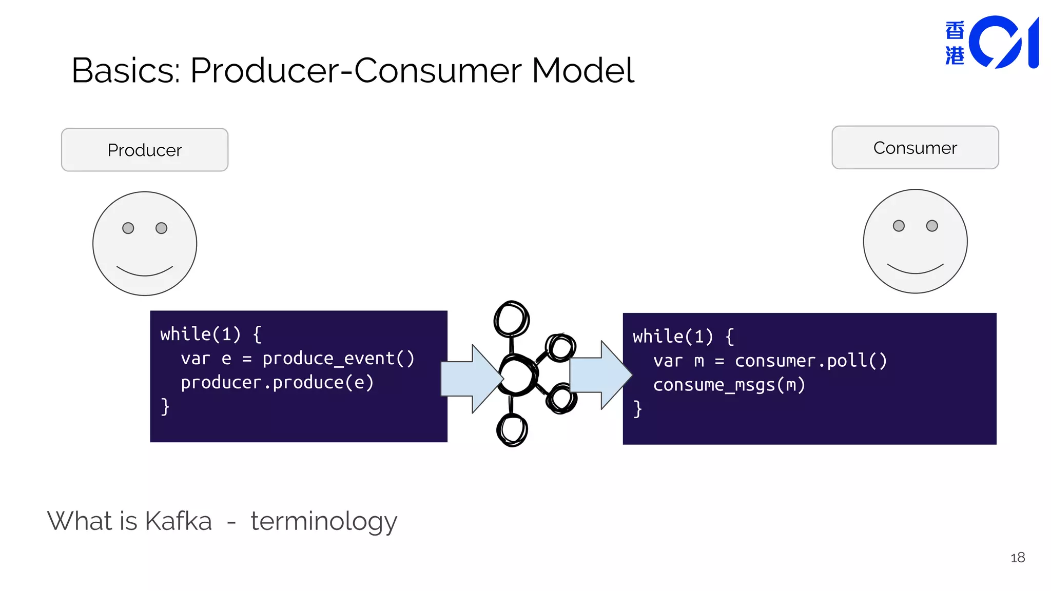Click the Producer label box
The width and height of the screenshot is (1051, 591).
click(144, 150)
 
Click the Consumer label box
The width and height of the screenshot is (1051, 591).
click(914, 148)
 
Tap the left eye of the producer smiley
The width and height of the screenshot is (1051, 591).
click(128, 228)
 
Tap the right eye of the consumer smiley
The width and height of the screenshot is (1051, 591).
click(932, 226)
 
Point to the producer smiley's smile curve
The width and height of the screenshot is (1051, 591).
click(145, 272)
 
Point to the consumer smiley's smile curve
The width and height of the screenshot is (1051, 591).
click(915, 270)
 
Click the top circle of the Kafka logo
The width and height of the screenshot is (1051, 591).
click(511, 319)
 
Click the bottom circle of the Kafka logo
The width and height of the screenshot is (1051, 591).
click(512, 430)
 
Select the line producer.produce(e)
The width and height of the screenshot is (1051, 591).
click(277, 382)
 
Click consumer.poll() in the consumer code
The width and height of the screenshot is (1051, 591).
click(810, 360)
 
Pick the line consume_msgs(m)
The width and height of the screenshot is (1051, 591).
click(729, 385)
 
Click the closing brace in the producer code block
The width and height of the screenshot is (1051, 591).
click(165, 406)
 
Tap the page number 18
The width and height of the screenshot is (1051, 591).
click(1017, 558)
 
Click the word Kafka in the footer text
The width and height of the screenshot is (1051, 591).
click(178, 521)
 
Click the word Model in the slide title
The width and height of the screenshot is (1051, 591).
click(582, 70)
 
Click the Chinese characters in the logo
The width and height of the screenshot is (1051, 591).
click(955, 43)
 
